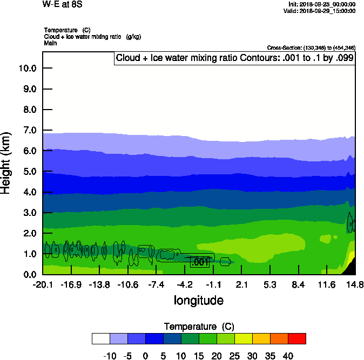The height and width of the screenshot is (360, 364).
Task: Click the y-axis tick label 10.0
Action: [x=27, y=69]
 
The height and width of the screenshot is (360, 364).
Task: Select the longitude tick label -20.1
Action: [x=42, y=284]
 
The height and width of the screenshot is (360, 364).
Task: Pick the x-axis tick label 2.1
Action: [x=241, y=284]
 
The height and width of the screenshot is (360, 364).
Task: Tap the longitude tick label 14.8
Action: [x=355, y=284]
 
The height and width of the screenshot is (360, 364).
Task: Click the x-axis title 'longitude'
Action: [x=198, y=300]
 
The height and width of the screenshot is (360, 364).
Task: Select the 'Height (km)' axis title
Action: [x=7, y=164]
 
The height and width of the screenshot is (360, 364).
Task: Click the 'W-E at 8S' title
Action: [x=62, y=4]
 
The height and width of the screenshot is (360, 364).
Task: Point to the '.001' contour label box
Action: [x=200, y=262]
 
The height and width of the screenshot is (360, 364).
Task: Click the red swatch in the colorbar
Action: [x=296, y=338]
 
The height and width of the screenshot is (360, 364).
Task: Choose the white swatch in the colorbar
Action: [x=101, y=338]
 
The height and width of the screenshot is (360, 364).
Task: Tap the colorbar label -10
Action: [x=110, y=356]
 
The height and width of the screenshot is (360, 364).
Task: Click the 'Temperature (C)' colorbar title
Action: [x=198, y=327]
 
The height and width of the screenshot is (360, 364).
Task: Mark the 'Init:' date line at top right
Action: [x=322, y=4]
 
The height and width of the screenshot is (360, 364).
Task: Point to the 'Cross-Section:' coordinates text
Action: [x=311, y=47]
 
